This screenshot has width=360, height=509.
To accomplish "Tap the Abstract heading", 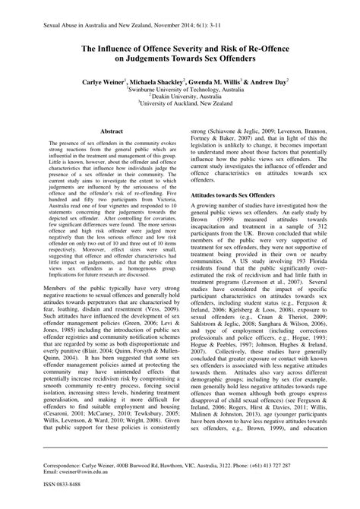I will (112, 131).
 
